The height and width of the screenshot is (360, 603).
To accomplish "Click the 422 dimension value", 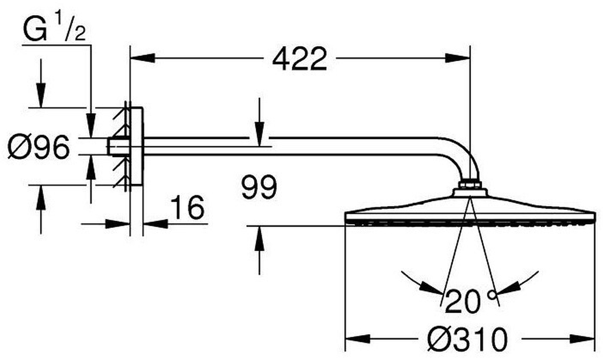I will [300, 60].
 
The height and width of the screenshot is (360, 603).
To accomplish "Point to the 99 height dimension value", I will [259, 188].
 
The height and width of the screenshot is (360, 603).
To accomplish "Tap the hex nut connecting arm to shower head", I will [470, 184].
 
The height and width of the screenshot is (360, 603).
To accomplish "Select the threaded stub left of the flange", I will [115, 147].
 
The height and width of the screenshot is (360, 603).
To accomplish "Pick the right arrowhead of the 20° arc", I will [508, 286].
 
